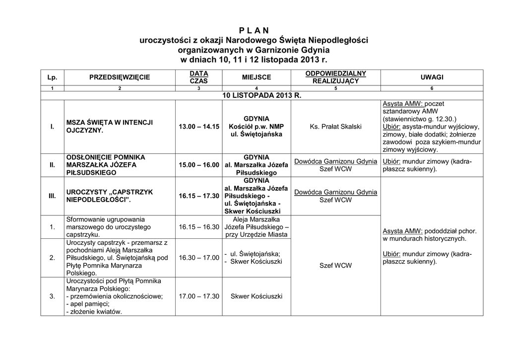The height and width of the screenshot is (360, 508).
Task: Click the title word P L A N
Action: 254,30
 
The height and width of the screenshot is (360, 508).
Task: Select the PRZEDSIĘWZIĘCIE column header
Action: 120,77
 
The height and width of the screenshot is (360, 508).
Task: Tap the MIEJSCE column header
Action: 256,77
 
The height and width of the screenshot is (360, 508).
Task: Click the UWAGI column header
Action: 432,77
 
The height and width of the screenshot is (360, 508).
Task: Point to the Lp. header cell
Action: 52,77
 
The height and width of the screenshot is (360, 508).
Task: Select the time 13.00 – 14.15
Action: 199,127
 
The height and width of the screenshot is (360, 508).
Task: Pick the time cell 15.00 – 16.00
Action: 199,165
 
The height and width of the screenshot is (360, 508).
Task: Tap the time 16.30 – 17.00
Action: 199,258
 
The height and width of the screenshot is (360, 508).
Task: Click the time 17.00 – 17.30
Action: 199,296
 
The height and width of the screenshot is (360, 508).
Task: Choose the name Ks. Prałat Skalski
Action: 336,127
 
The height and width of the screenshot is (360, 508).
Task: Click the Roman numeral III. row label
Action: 52,196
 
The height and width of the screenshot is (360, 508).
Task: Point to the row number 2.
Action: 52,258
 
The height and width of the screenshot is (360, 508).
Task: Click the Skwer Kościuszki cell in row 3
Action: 256,296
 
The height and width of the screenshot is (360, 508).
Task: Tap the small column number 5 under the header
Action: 336,88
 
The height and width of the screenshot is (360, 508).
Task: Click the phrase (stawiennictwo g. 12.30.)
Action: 420,119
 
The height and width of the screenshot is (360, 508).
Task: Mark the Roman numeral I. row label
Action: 52,127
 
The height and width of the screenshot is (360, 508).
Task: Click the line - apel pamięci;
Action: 87,304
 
